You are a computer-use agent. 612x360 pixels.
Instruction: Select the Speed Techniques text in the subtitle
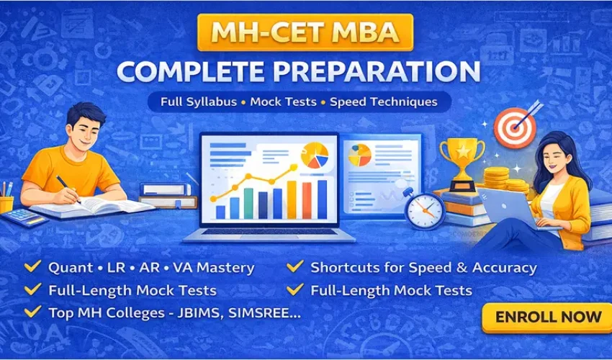pyautogui.click(x=383, y=102)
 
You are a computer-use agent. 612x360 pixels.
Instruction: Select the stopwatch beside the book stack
pyautogui.click(x=423, y=209)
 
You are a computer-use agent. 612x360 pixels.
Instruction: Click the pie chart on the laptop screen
pyautogui.click(x=315, y=154)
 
